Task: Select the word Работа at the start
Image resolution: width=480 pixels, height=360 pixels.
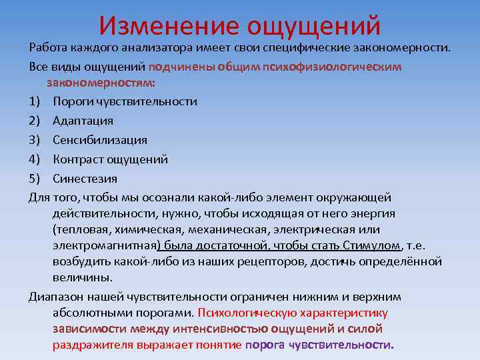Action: click(x=48, y=48)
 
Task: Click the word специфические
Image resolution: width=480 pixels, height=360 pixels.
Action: click(x=323, y=48)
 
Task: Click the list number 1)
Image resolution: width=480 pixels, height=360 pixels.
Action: click(x=36, y=102)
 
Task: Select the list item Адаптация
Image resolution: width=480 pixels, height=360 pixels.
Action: click(x=83, y=121)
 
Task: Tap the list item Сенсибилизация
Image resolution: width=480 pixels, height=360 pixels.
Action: click(x=100, y=141)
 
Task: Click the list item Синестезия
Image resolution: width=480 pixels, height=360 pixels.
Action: click(x=85, y=179)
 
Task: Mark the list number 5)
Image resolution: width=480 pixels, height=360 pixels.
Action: click(x=36, y=179)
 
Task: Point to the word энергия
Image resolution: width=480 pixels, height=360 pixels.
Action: click(x=371, y=213)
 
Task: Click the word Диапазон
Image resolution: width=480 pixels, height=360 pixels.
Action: click(x=55, y=297)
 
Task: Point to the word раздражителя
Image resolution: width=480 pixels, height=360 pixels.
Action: click(x=92, y=345)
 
